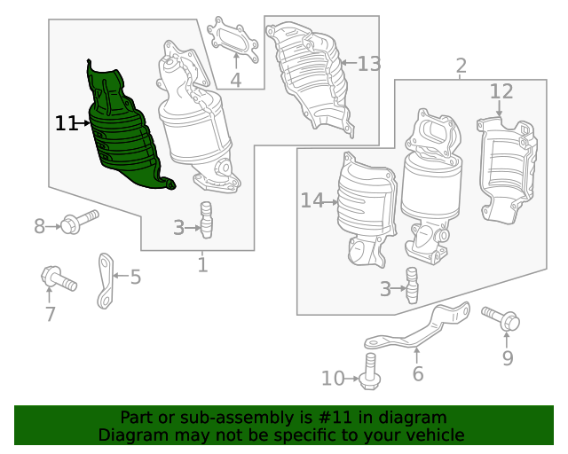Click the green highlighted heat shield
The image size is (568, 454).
coord(123,137)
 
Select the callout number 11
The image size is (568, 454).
coord(66,123)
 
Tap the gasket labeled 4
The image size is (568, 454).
coord(233,40)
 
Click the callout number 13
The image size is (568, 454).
coord(369,64)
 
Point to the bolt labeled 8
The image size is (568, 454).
coord(79,222)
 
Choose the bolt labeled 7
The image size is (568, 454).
coord(59,278)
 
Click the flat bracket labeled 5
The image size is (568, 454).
coord(106,281)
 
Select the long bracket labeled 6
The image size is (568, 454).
coord(416,328)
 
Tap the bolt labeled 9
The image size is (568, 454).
coord(501,318)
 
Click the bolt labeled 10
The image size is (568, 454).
coord(370,372)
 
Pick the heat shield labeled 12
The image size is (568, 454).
coord(507,169)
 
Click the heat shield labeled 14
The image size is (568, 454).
coord(367,210)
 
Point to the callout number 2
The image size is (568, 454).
coord(461,66)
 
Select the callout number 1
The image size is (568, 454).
coord(203,264)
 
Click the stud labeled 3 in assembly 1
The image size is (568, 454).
coord(206,220)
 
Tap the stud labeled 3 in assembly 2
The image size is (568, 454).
coord(412,286)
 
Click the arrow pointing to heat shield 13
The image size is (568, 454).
coord(349,63)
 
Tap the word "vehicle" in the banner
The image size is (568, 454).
coord(437,434)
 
